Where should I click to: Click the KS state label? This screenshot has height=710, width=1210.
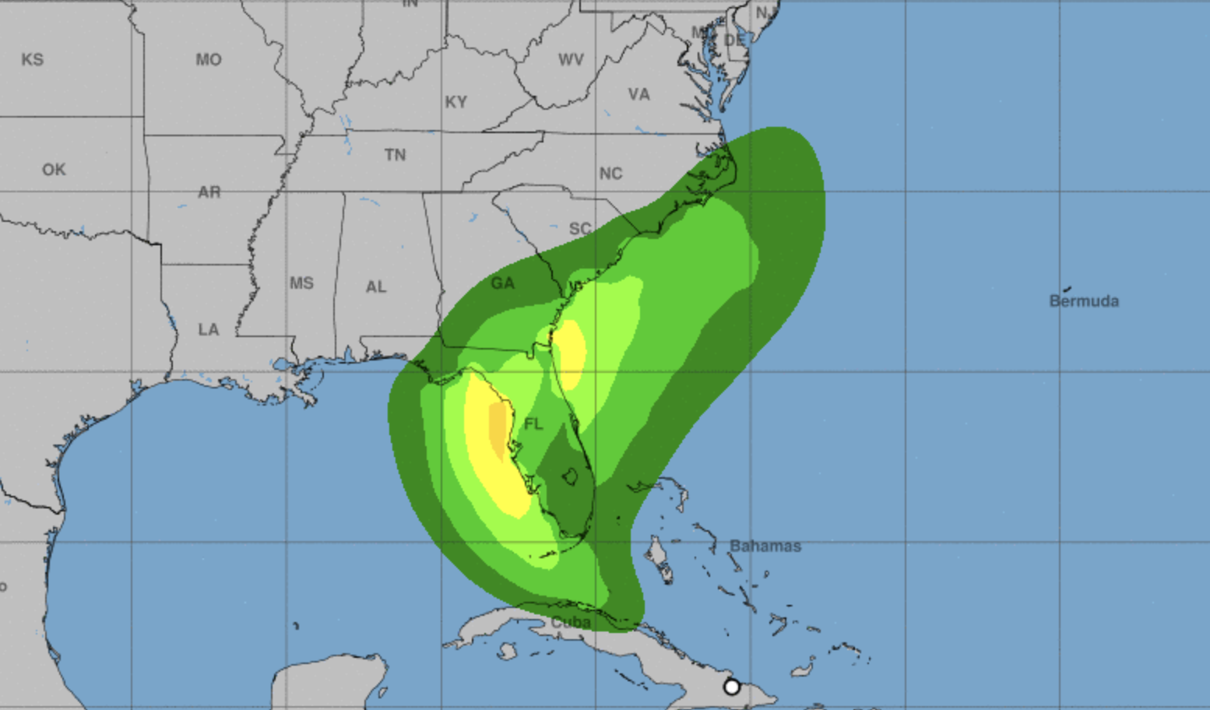pyautogui.click(x=33, y=60)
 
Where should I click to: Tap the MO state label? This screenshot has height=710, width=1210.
pyautogui.click(x=209, y=60)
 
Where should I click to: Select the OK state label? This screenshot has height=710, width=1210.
pyautogui.click(x=54, y=170)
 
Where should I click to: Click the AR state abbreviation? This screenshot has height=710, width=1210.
pyautogui.click(x=209, y=192)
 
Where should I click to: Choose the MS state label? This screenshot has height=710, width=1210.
pyautogui.click(x=301, y=283)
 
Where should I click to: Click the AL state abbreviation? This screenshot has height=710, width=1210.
pyautogui.click(x=376, y=287)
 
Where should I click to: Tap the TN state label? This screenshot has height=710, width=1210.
pyautogui.click(x=395, y=155)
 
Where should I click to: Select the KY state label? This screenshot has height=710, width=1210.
pyautogui.click(x=456, y=102)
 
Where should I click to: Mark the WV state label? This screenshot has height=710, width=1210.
pyautogui.click(x=571, y=60)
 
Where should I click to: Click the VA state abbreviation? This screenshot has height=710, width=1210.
pyautogui.click(x=639, y=95)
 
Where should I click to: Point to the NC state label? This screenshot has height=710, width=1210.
pyautogui.click(x=610, y=174)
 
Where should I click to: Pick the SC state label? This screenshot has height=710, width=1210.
pyautogui.click(x=580, y=229)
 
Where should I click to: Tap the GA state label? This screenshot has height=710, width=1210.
pyautogui.click(x=502, y=283)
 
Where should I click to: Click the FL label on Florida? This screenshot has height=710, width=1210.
pyautogui.click(x=533, y=424)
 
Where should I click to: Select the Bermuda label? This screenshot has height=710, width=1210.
pyautogui.click(x=1084, y=301)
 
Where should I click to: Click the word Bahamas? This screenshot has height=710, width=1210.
pyautogui.click(x=765, y=547)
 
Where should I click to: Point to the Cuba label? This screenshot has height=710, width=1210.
pyautogui.click(x=571, y=623)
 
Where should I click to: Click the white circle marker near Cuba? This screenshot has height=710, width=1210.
pyautogui.click(x=732, y=687)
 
